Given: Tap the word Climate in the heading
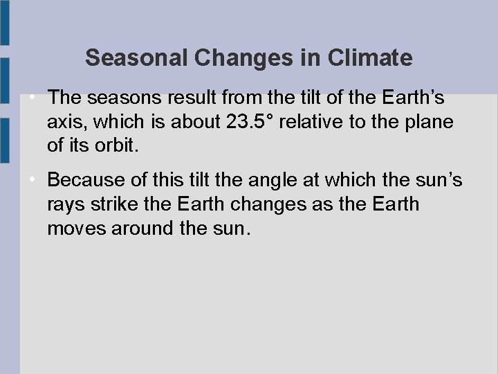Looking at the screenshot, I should (371, 58).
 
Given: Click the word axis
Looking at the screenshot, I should (67, 122).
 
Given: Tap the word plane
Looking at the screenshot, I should (428, 122).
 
